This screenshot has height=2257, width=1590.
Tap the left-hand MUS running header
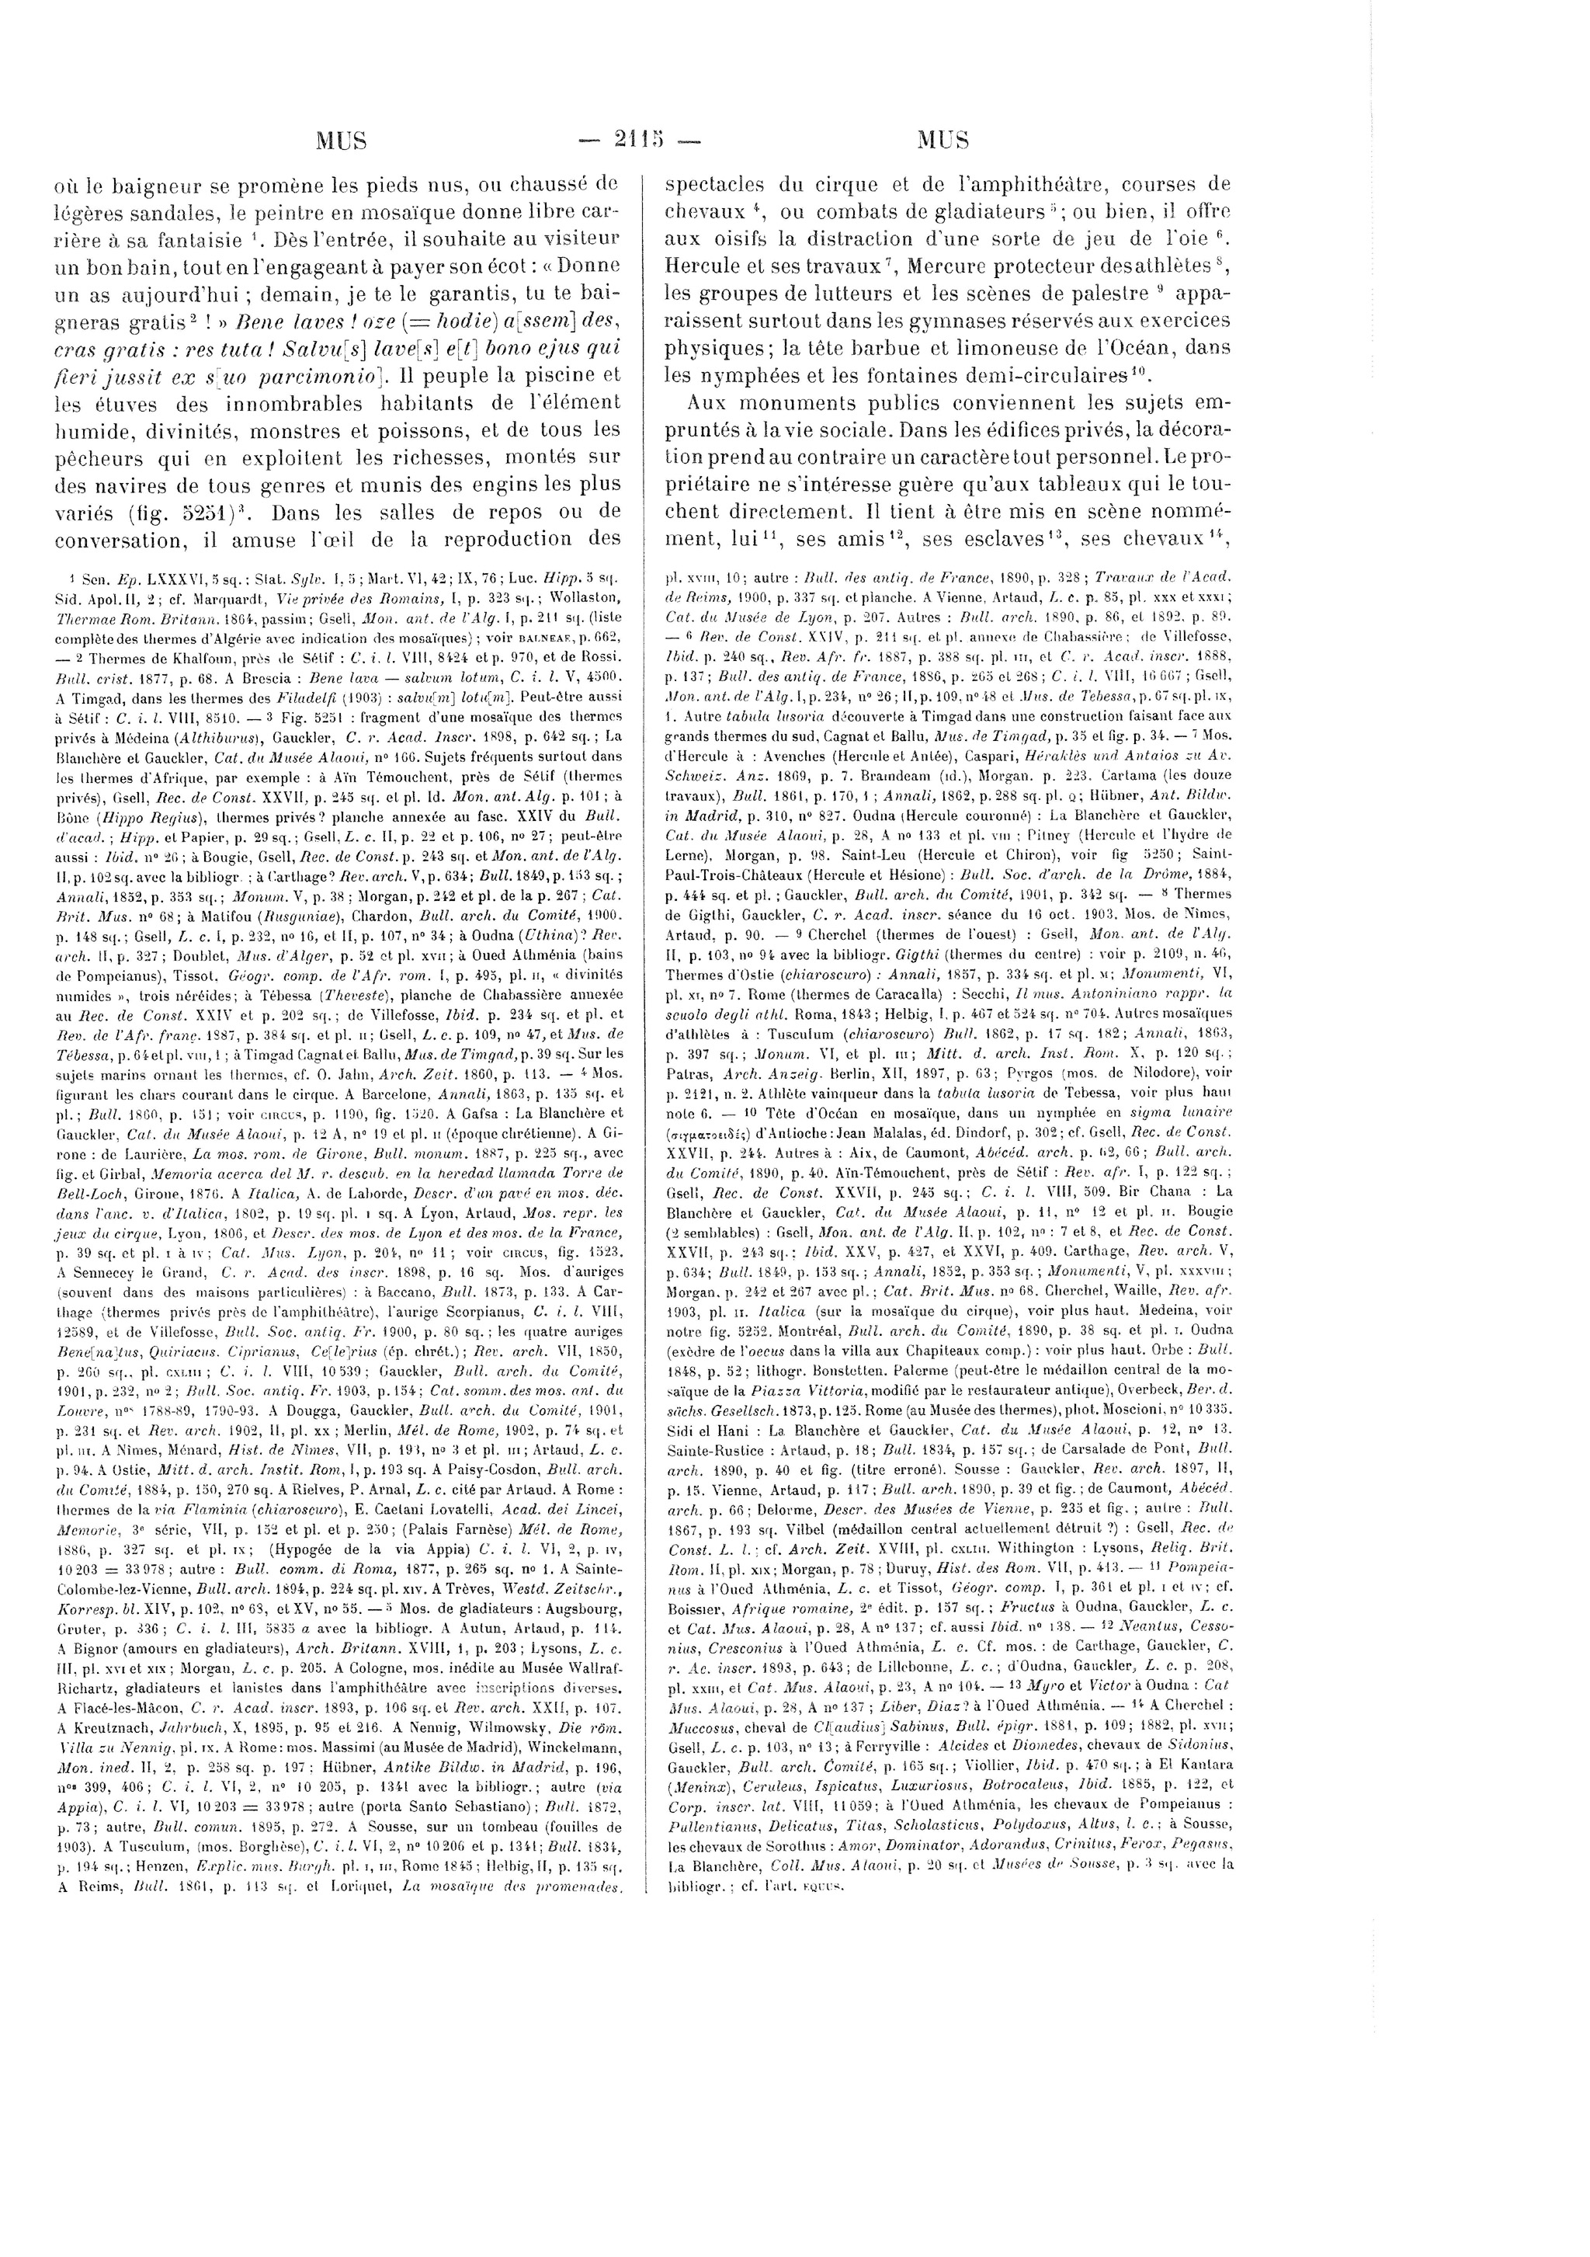(340, 141)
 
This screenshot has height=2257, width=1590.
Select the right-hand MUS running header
(943, 141)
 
